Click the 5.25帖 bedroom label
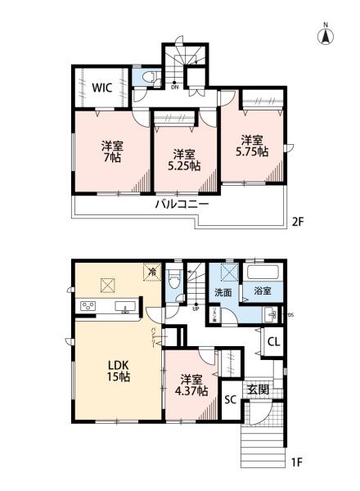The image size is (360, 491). click(182, 159)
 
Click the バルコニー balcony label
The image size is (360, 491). click(182, 204)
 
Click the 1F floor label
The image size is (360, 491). click(298, 463)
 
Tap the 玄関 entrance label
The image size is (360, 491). click(259, 390)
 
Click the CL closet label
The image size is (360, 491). click(274, 343)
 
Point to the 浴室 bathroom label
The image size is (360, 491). click(262, 291)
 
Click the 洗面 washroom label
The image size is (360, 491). click(223, 291)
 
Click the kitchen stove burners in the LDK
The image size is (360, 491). click(88, 307)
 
